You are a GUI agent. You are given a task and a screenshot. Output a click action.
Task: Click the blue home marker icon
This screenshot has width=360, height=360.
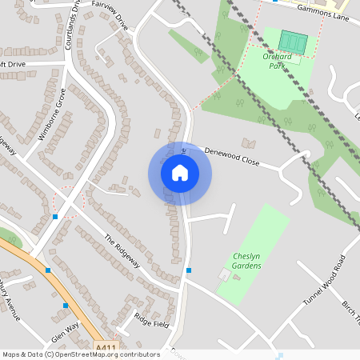180,173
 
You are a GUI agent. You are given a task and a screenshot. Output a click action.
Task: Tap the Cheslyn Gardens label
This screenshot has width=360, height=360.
247,261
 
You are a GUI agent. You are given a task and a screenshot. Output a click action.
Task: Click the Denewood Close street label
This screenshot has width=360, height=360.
232,155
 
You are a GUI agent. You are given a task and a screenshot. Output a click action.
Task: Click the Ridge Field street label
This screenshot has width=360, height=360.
152,319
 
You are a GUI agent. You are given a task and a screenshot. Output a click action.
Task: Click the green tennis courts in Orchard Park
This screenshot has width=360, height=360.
293,41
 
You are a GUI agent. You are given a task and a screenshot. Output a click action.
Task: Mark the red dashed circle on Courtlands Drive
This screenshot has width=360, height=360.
68,202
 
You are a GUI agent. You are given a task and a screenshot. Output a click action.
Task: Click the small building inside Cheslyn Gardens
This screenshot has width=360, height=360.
225,275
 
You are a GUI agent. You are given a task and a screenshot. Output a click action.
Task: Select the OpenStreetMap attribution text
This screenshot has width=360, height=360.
81,354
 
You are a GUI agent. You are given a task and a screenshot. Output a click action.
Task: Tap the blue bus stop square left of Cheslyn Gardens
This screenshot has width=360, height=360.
189,270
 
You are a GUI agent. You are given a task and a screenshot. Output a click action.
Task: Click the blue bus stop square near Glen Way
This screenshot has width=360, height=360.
66,306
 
